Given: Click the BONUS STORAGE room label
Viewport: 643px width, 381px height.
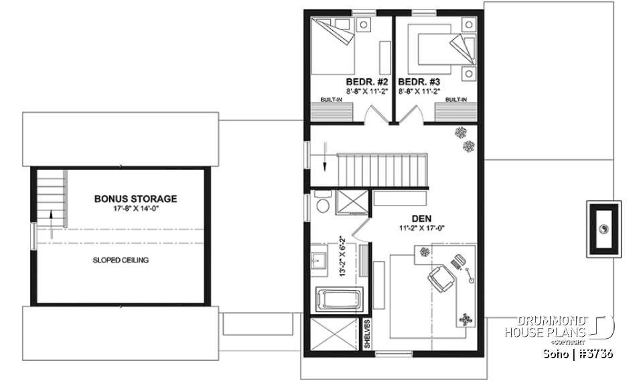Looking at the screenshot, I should coord(135,199).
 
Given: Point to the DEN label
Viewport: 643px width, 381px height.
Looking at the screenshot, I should coord(421,218).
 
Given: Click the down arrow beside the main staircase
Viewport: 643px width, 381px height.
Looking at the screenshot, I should coord(324,156).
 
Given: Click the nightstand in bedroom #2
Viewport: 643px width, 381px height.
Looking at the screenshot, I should coord(364,26).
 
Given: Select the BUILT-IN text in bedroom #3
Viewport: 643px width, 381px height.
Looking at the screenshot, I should coord(455,100).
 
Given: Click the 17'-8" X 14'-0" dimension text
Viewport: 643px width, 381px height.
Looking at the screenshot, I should coord(135,209).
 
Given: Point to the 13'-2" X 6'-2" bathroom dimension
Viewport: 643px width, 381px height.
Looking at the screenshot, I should coord(341,255).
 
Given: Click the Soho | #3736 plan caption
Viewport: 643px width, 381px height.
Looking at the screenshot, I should coord(576,353).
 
